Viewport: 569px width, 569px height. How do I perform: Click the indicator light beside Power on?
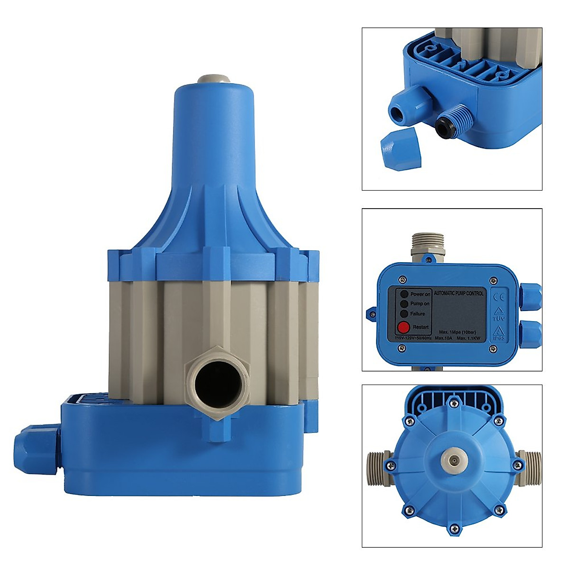pos(404,294)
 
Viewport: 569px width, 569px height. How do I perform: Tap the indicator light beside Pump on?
pos(404,304)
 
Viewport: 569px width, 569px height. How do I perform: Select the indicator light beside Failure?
pos(404,314)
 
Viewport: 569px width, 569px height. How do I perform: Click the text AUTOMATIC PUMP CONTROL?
pos(459,294)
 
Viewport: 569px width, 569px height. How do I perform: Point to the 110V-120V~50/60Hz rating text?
pos(413,338)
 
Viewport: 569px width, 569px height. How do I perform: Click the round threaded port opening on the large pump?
pos(219,380)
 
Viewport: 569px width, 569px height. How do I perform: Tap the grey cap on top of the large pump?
pos(213,79)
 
